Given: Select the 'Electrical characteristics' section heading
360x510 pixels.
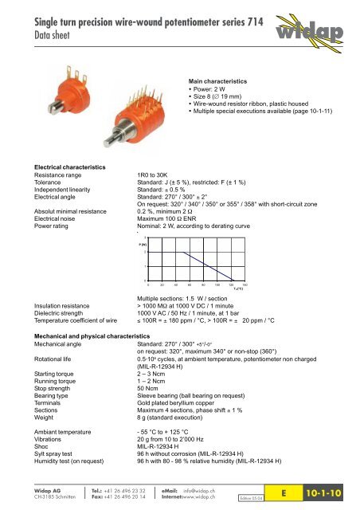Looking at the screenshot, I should pos(65,167).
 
